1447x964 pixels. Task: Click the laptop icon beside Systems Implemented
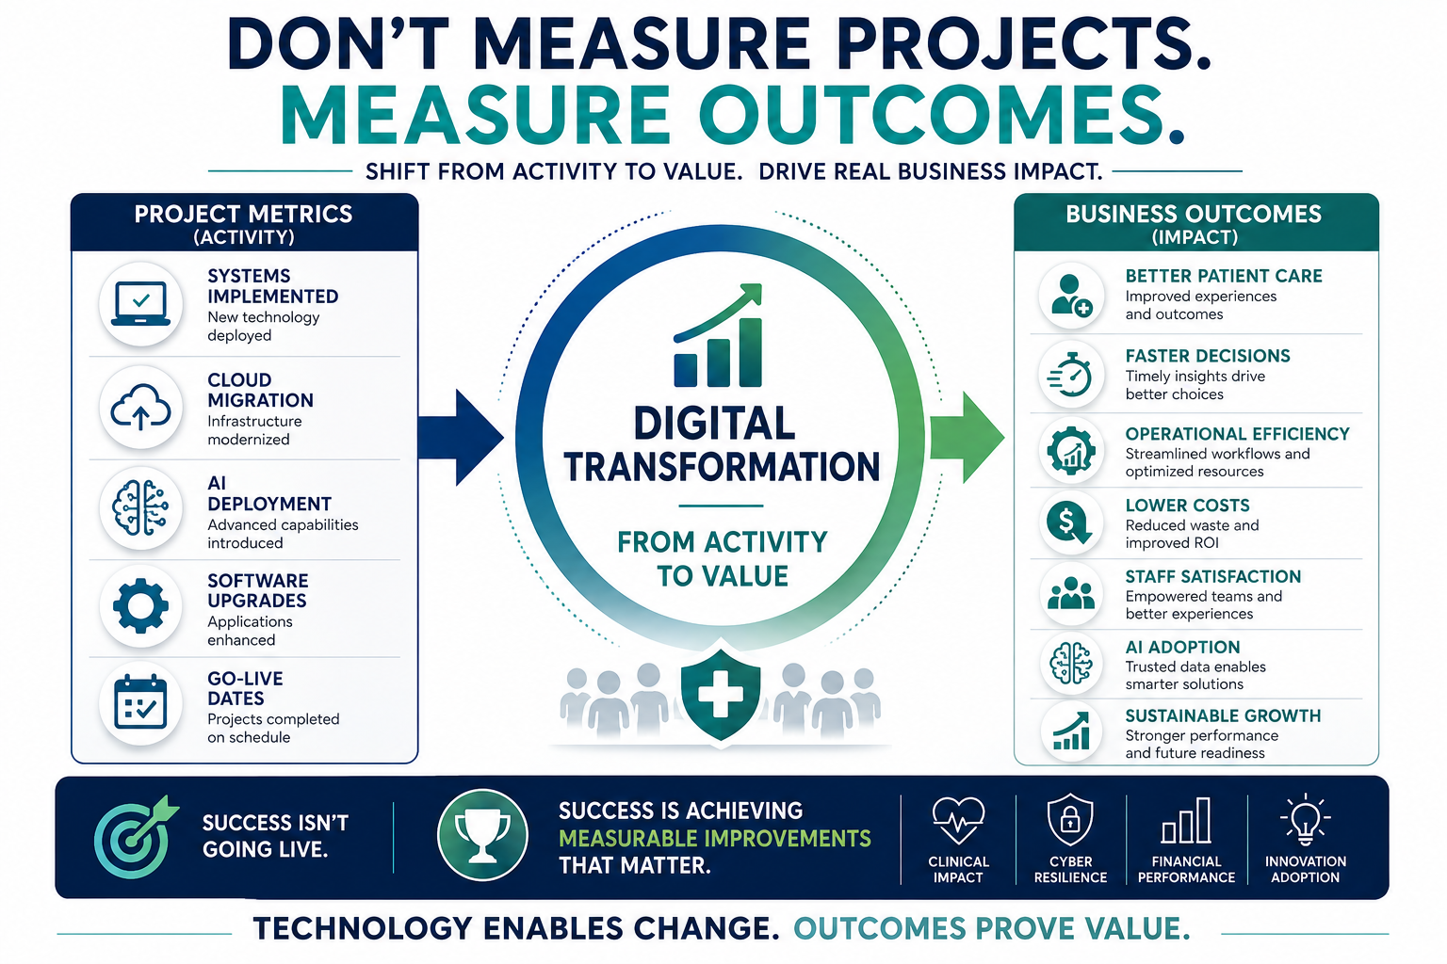(x=140, y=303)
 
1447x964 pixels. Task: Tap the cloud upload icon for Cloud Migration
(x=140, y=407)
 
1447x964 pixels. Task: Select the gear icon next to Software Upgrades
(x=140, y=605)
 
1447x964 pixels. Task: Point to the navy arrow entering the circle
(x=460, y=437)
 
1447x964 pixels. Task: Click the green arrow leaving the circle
(x=967, y=437)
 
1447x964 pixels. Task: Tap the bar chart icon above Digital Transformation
(x=718, y=335)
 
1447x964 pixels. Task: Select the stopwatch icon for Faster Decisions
(x=1070, y=375)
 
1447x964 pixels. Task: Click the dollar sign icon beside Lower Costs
(x=1069, y=522)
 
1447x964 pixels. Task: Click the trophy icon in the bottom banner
(x=482, y=835)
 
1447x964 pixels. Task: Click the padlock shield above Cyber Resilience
(x=1070, y=819)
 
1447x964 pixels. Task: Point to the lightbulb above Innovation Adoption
(x=1306, y=819)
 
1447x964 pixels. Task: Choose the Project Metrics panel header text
(x=244, y=224)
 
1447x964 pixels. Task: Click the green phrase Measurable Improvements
(x=714, y=838)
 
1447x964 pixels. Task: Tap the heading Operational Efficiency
(x=1237, y=434)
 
